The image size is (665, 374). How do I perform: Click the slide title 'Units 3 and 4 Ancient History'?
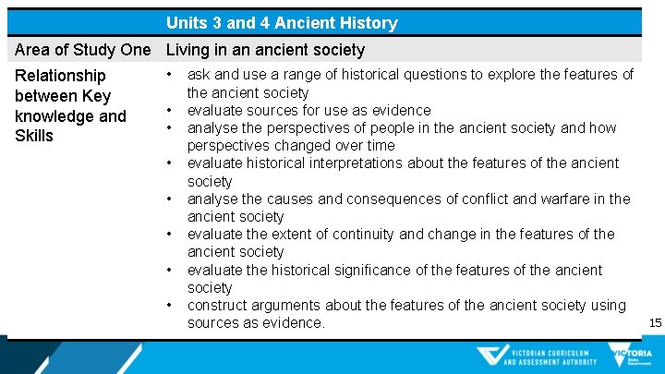[x=282, y=23]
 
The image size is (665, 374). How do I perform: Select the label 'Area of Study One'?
[x=83, y=50]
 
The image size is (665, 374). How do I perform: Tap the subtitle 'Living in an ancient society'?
[x=265, y=50]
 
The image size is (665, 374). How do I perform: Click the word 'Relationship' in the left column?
[x=60, y=76]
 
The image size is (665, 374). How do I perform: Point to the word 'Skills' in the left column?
[x=34, y=136]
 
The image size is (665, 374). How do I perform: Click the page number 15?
[x=655, y=322]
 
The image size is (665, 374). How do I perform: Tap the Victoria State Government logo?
[x=630, y=356]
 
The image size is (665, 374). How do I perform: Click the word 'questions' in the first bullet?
[x=451, y=75]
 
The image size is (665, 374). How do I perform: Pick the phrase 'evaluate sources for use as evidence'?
[x=308, y=110]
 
